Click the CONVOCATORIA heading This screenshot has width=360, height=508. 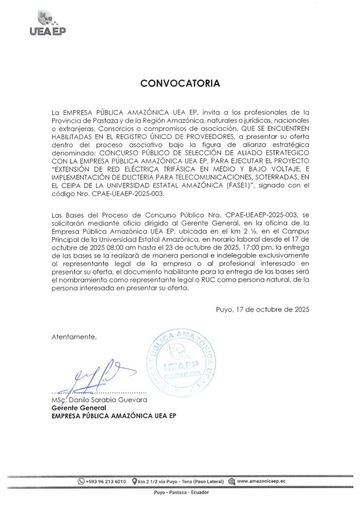pos(180,83)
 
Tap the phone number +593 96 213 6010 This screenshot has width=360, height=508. pos(106,481)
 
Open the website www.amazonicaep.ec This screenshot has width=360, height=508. pos(261,481)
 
